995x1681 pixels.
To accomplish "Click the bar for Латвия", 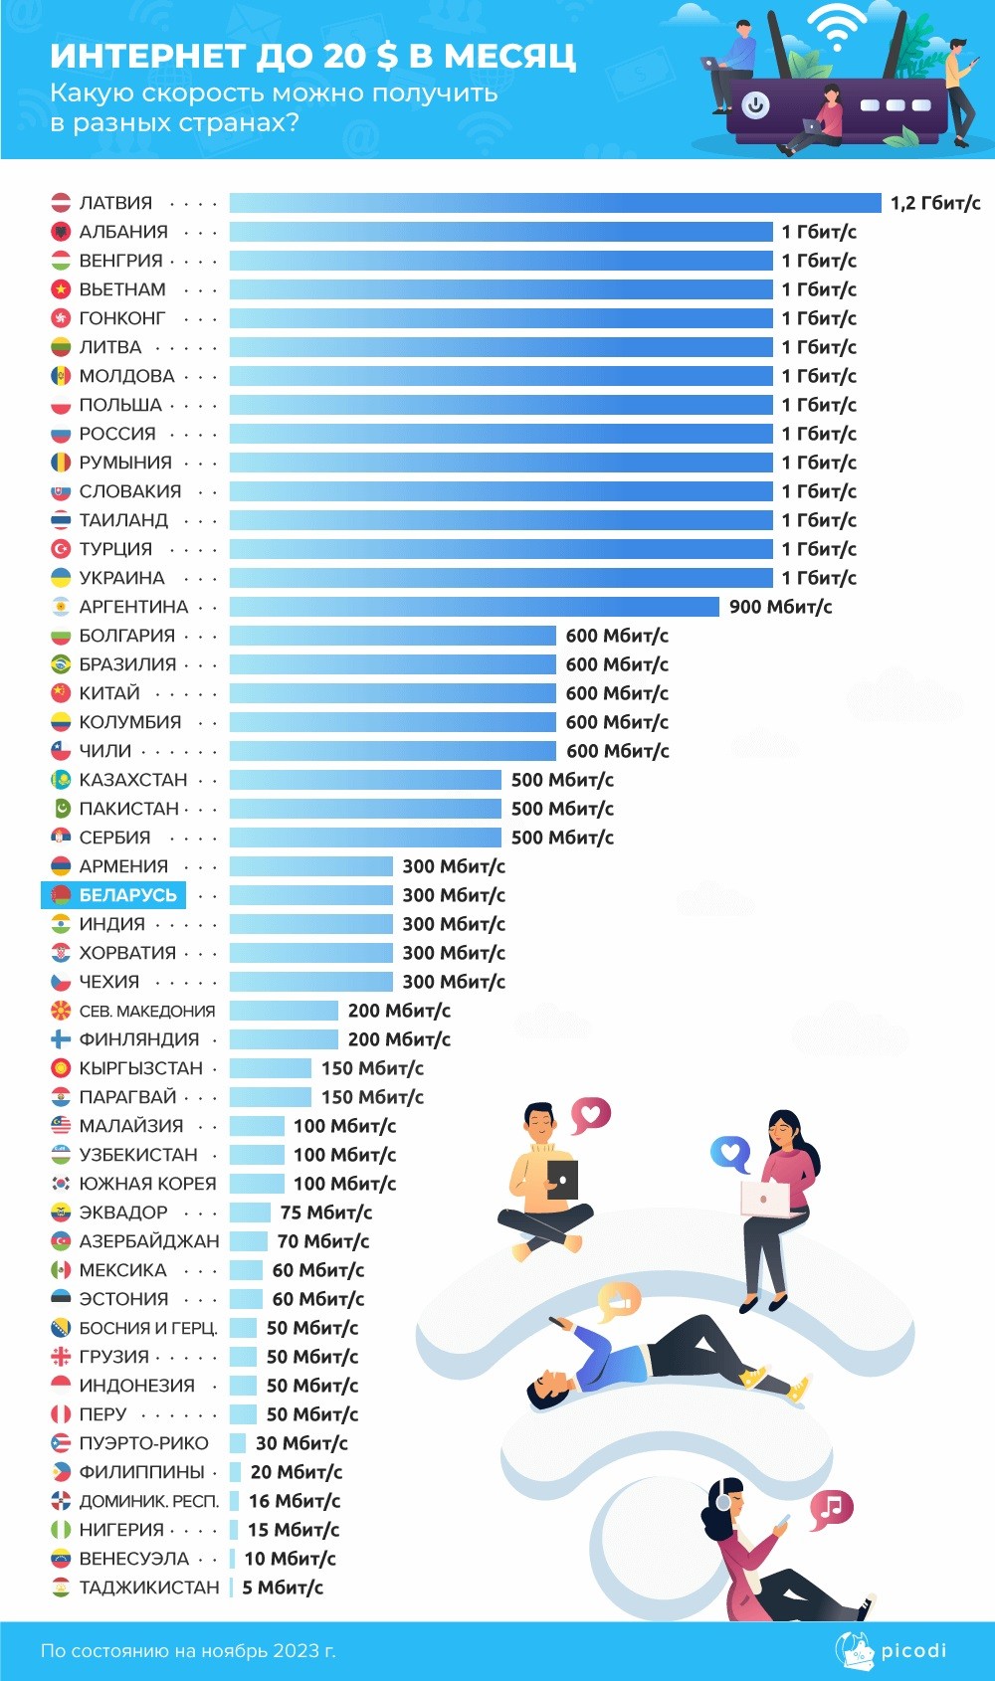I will click(x=555, y=203).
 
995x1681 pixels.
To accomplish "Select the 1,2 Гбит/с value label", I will click(x=935, y=203).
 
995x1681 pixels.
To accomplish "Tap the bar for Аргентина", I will click(x=474, y=607).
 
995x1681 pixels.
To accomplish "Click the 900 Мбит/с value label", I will click(x=780, y=607).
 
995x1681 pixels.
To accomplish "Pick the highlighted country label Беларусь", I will click(x=127, y=895).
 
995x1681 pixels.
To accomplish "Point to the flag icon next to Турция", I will click(x=61, y=549).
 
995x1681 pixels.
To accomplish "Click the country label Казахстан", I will click(x=133, y=780).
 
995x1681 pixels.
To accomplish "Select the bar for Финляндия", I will click(x=284, y=1039).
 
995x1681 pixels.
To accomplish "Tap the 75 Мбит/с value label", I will click(x=326, y=1213).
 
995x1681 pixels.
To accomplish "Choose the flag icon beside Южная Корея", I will click(x=61, y=1184).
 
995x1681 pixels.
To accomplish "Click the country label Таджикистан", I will click(x=149, y=1588).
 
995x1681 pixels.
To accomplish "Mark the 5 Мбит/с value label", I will click(x=283, y=1588).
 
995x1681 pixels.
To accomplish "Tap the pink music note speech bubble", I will click(x=831, y=1508).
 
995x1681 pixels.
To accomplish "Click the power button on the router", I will click(x=755, y=104).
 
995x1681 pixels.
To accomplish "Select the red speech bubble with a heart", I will click(x=590, y=1114).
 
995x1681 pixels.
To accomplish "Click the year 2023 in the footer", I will click(x=295, y=1651).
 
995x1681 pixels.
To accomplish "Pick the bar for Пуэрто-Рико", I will click(x=238, y=1443).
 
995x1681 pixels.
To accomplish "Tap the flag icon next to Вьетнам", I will click(x=61, y=289).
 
